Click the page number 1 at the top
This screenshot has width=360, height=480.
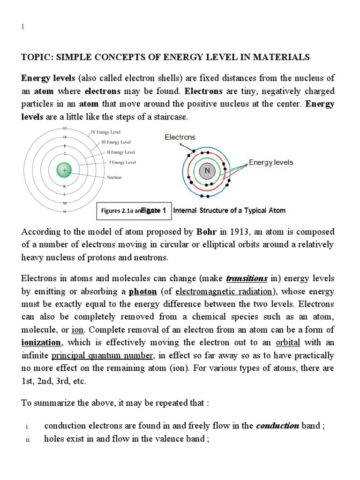click(x=22, y=27)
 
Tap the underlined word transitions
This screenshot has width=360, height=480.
click(x=247, y=279)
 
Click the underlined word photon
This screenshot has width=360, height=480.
click(x=142, y=292)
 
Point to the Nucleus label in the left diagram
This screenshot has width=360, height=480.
click(x=115, y=178)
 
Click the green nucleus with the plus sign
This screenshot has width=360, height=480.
click(x=64, y=171)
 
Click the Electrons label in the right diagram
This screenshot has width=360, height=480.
click(x=180, y=137)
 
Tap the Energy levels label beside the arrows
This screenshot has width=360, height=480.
click(x=271, y=163)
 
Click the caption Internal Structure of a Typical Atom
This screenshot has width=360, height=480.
click(x=229, y=210)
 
